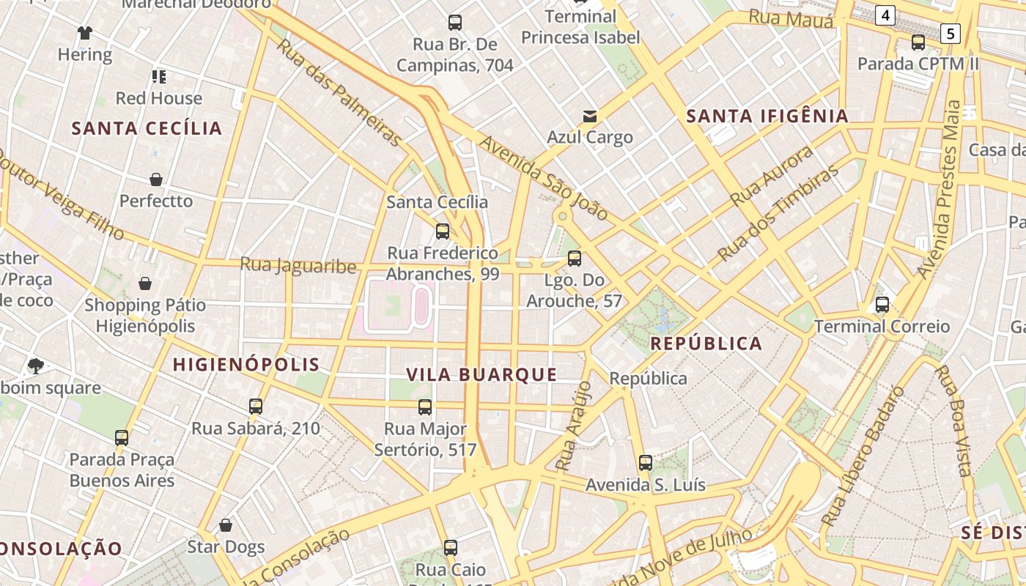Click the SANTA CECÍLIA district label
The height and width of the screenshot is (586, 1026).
point(147,128)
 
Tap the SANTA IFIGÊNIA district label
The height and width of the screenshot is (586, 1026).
point(767,116)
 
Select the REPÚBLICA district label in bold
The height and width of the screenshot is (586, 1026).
point(706,344)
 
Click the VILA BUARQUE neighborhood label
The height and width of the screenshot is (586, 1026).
point(482,375)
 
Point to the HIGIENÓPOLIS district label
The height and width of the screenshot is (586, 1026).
point(246,364)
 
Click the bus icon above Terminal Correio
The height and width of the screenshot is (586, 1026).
point(882,305)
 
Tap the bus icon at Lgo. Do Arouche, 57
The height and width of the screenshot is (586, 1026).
point(575,259)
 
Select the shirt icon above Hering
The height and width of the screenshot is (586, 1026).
point(85,33)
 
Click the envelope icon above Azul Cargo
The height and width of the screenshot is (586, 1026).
point(590,116)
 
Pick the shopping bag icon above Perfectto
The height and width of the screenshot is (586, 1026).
point(156,179)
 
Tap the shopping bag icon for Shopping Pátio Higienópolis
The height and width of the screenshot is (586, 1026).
point(145,283)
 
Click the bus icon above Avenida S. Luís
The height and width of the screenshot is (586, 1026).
point(646,463)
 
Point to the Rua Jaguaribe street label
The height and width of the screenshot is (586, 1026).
point(298,265)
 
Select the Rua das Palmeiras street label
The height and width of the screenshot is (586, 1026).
point(339,92)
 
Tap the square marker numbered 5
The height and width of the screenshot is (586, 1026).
point(951,33)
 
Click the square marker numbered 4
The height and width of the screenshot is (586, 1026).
point(886,15)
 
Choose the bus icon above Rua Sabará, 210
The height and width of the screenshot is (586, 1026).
point(256,407)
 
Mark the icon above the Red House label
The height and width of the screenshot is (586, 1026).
point(159,77)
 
